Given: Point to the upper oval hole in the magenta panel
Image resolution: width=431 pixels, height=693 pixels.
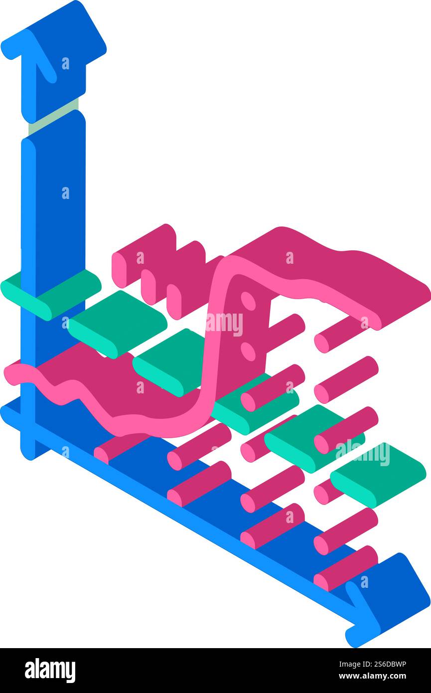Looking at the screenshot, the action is (248, 301).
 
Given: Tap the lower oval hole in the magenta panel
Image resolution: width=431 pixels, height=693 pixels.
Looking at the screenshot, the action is (248, 351).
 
